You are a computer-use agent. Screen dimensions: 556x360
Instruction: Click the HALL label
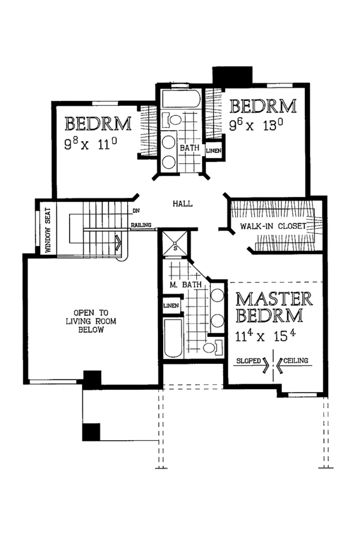tap(182, 204)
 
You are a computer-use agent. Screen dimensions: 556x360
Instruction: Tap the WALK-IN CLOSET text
tap(273, 226)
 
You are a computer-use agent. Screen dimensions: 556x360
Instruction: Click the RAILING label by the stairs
tap(142, 226)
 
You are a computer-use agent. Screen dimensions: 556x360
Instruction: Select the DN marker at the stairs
tap(136, 210)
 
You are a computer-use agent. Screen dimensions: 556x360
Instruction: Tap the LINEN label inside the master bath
tap(170, 307)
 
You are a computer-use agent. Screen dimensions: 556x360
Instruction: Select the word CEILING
tap(297, 361)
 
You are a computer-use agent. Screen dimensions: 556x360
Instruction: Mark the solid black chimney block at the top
tap(233, 74)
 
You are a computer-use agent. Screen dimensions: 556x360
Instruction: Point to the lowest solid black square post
tap(91, 432)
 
